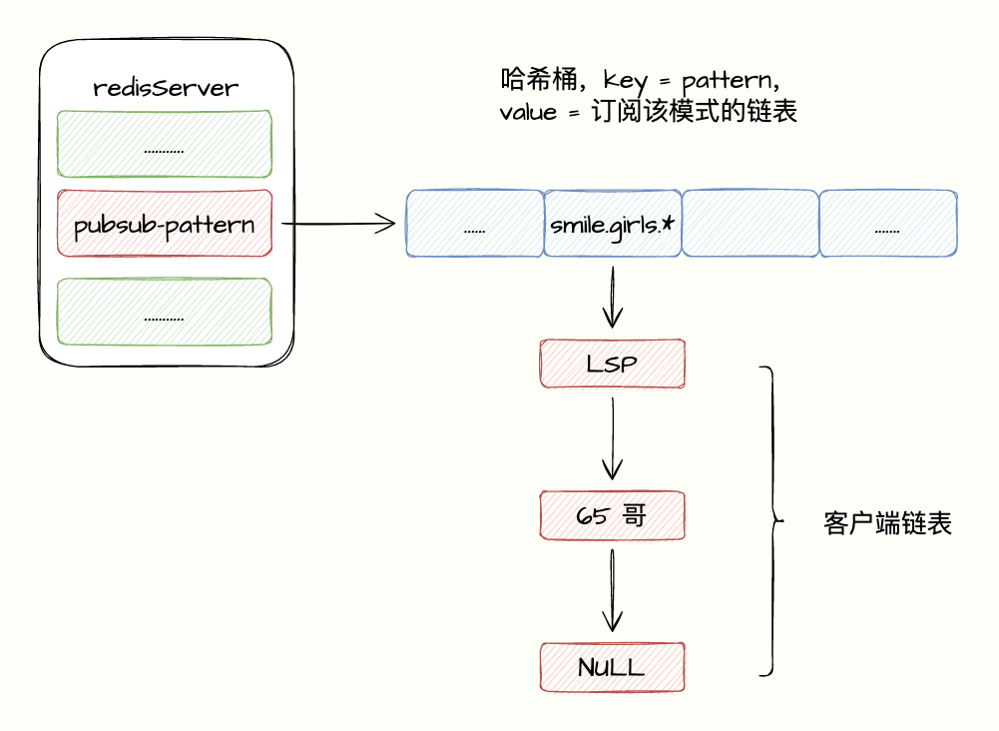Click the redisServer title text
click(166, 87)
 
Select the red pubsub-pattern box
click(165, 223)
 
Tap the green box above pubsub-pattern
click(165, 144)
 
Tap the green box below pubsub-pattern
click(165, 312)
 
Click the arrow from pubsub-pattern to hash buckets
click(338, 224)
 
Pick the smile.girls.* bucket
click(612, 223)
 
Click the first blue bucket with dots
click(475, 223)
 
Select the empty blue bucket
click(750, 223)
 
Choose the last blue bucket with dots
click(888, 223)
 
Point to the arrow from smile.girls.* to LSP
click(612, 297)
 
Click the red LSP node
click(612, 364)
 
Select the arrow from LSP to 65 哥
click(612, 438)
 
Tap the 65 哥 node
click(612, 515)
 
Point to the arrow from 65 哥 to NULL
click(612, 590)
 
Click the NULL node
click(612, 667)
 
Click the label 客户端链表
click(887, 524)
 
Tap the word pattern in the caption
click(728, 82)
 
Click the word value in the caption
click(528, 113)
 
